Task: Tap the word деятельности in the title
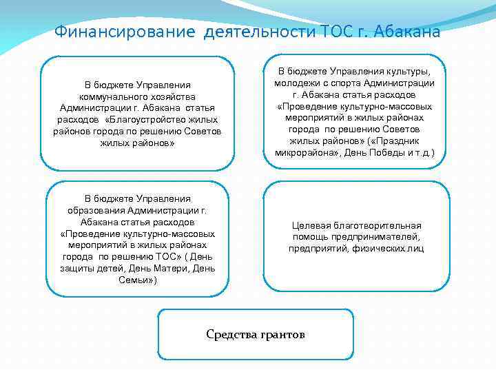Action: pos(258,32)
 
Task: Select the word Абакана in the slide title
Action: pos(407,32)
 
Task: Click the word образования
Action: pos(96,211)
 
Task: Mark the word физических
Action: pos(376,249)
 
